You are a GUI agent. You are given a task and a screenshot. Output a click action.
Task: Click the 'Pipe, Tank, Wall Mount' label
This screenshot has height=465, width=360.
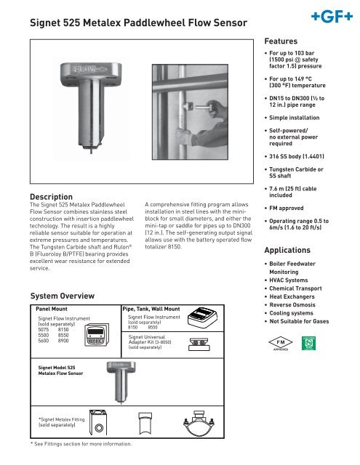(151, 309)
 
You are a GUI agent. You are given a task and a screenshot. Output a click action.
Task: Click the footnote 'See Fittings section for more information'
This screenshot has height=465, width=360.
(80, 443)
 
